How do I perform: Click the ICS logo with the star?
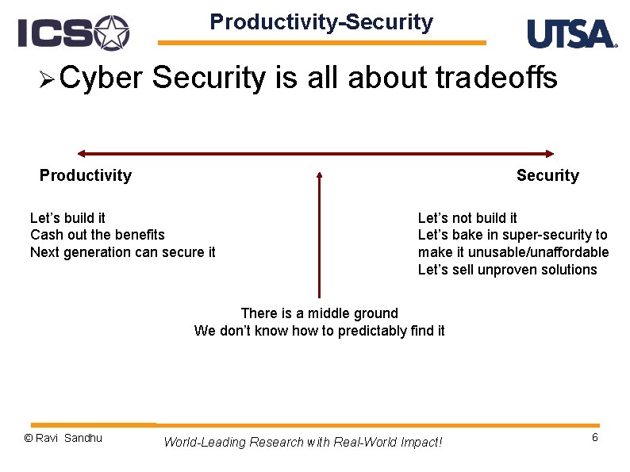pos(74,33)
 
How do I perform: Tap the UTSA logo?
pos(572,33)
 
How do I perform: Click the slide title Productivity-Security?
pos(321,21)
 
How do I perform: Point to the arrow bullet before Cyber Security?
pos(47,79)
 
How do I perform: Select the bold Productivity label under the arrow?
pos(86,175)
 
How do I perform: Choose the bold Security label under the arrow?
pos(547,175)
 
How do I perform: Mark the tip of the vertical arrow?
pos(320,172)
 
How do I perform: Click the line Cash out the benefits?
pos(98,235)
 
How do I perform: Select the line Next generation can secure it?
pos(123,252)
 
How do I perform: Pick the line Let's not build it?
pos(467,217)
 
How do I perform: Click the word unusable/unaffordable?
pos(539,252)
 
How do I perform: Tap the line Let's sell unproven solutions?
pos(508,270)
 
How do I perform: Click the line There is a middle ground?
pos(320,313)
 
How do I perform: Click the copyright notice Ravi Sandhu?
pos(63,438)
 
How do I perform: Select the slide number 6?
pos(595,437)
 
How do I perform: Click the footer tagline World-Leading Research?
pos(303,443)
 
